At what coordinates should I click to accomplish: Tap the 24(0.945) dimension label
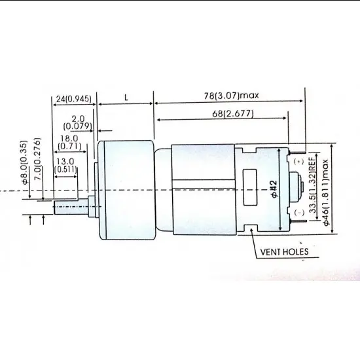pyautogui.click(x=73, y=99)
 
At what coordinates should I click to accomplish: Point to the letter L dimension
pyautogui.click(x=125, y=96)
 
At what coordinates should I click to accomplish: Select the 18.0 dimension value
pyautogui.click(x=68, y=138)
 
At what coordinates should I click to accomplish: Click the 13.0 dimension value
pyautogui.click(x=65, y=160)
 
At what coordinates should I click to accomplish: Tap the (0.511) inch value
pyautogui.click(x=65, y=169)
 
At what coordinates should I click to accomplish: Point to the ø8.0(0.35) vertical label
pyautogui.click(x=24, y=162)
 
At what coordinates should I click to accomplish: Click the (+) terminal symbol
pyautogui.click(x=298, y=161)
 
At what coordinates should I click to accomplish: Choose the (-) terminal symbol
pyautogui.click(x=298, y=213)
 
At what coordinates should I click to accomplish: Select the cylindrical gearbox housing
pyautogui.click(x=124, y=190)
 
